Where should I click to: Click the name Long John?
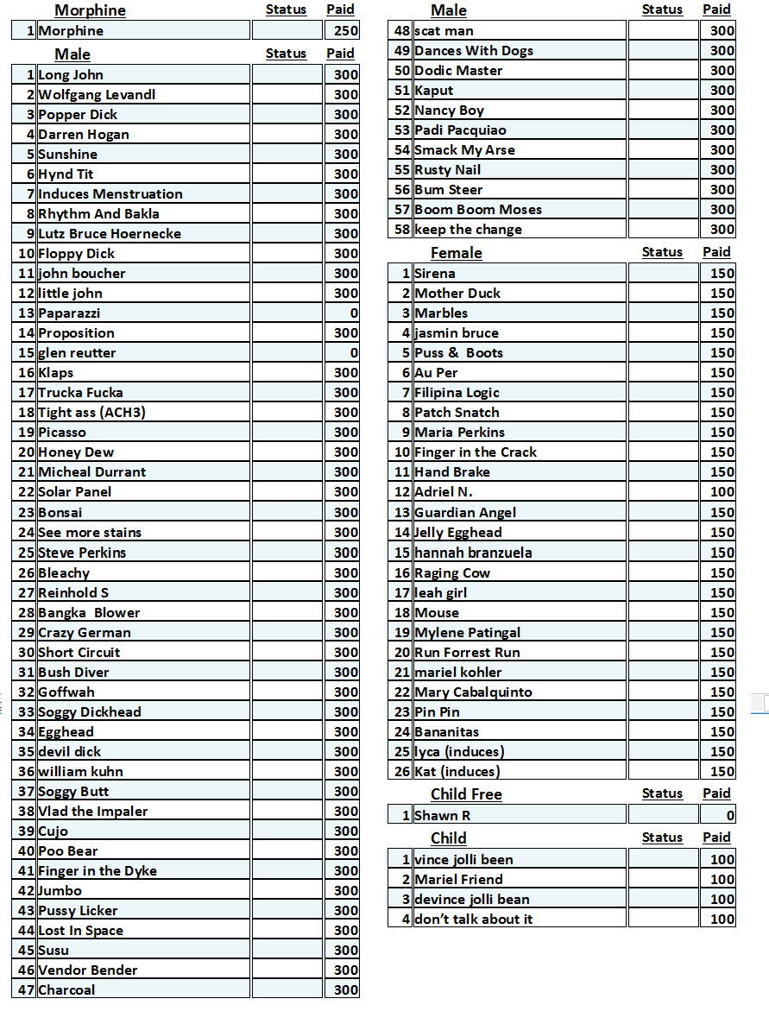pyautogui.click(x=71, y=75)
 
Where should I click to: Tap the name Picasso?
pyautogui.click(x=62, y=433)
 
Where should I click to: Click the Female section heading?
pyautogui.click(x=456, y=253)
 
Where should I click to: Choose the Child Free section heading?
pyautogui.click(x=466, y=794)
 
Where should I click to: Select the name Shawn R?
pyautogui.click(x=442, y=816)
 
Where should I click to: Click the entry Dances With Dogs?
pyautogui.click(x=474, y=51)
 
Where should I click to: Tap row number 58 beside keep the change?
pyautogui.click(x=401, y=230)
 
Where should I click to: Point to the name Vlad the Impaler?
pyautogui.click(x=93, y=812)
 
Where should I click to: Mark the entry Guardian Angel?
pyautogui.click(x=465, y=513)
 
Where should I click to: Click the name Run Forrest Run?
pyautogui.click(x=467, y=653)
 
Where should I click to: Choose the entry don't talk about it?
pyautogui.click(x=473, y=920)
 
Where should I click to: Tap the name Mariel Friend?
pyautogui.click(x=458, y=880)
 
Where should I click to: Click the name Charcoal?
pyautogui.click(x=66, y=990)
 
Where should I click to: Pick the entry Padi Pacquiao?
pyautogui.click(x=460, y=130)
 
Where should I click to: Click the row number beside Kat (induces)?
pyautogui.click(x=401, y=772)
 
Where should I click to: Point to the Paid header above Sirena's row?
pyautogui.click(x=716, y=252)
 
